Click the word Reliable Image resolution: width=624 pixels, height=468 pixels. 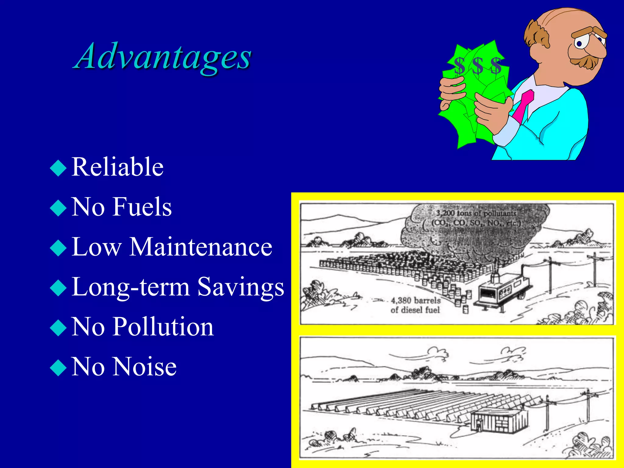[118, 167]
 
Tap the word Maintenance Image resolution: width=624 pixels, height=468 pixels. [201, 247]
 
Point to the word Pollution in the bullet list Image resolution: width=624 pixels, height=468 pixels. [163, 327]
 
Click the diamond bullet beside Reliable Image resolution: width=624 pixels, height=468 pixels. [58, 168]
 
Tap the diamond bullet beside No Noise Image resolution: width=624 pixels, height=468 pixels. [58, 368]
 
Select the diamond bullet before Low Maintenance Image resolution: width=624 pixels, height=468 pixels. [58, 248]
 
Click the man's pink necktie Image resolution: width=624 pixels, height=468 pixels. [524, 105]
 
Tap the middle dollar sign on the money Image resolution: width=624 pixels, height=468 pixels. [477, 65]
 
